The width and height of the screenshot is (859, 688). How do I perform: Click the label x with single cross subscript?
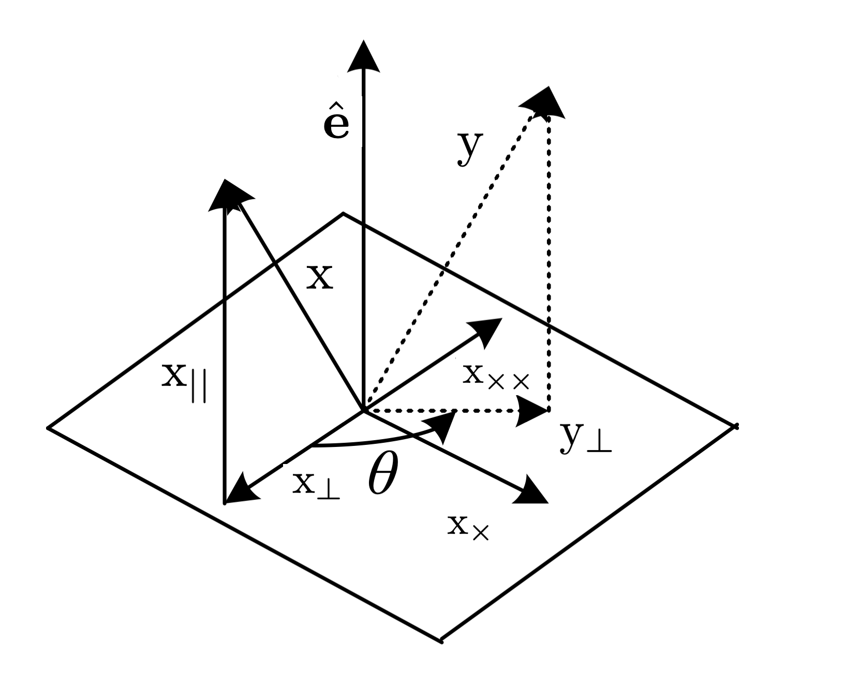[x=468, y=528]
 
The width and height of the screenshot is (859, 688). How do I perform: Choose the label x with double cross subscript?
[x=496, y=377]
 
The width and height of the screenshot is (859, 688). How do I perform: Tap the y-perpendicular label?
[x=585, y=438]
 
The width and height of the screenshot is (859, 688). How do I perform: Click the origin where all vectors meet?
[x=364, y=411]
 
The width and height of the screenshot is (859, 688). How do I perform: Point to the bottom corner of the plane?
[x=441, y=641]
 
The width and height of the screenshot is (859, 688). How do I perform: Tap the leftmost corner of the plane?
[x=48, y=428]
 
